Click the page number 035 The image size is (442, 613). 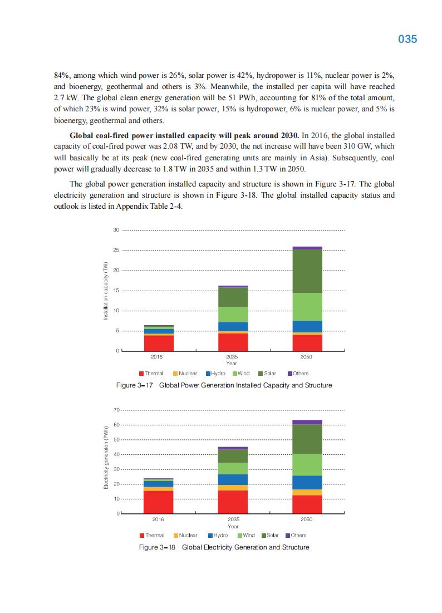pos(407,40)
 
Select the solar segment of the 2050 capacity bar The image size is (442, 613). pos(307,271)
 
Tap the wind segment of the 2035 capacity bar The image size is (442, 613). pos(233,315)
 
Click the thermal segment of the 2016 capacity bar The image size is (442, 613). pos(159,342)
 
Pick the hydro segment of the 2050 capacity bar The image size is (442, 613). pos(307,326)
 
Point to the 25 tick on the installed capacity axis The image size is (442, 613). pos(116,251)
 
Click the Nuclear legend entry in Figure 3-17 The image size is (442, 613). pos(185,374)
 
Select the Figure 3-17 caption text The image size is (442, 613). pos(223,385)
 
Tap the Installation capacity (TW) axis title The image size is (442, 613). pos(105,291)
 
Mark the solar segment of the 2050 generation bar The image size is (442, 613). pos(307,439)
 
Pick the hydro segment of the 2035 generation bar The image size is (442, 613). pos(233,479)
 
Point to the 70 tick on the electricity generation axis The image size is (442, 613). pos(116,410)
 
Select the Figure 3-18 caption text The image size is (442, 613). pos(223,547)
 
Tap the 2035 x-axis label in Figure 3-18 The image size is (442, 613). pos(233,519)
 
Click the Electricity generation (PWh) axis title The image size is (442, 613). pos(105,458)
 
